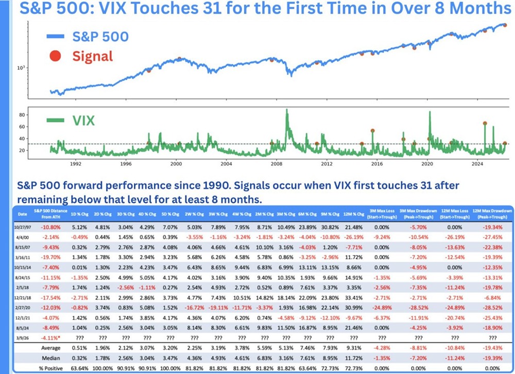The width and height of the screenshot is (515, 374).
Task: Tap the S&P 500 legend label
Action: pyautogui.click(x=100, y=36)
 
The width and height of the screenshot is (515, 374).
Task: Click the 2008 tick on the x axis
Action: pyautogui.click(x=276, y=163)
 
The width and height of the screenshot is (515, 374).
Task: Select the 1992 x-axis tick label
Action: pyautogui.click(x=75, y=163)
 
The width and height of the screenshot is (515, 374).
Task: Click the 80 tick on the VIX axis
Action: pyautogui.click(x=23, y=114)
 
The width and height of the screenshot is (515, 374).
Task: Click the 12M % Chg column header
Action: pyautogui.click(x=354, y=213)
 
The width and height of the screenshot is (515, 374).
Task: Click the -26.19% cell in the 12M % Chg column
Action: pyautogui.click(x=355, y=236)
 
